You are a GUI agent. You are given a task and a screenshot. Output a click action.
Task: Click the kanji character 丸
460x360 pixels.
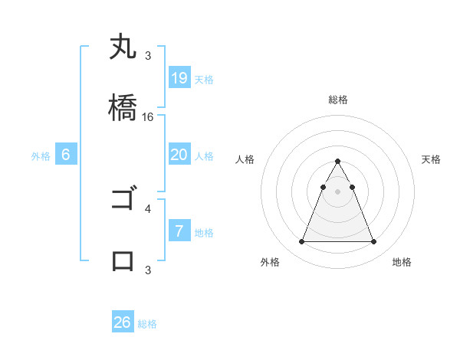point(123,47)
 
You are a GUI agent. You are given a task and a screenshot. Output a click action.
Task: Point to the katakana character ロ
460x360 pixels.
point(123,260)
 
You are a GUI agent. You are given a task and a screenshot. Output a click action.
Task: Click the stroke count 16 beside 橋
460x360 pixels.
point(148,117)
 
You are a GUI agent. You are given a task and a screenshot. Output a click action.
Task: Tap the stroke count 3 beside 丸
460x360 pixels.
point(148,56)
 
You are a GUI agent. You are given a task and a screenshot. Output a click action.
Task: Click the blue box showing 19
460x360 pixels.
point(179,78)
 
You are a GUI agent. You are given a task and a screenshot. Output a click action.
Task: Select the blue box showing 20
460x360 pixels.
point(179,155)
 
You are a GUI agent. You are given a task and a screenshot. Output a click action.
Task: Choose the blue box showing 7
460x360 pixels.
point(179,231)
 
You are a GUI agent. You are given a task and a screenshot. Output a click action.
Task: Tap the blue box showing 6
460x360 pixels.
point(66,155)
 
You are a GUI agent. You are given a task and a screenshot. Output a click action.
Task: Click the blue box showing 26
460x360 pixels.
point(123,322)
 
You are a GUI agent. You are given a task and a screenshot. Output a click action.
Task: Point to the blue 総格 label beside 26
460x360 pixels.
point(147,324)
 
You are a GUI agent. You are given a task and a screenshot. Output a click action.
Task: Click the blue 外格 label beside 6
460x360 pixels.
point(41,156)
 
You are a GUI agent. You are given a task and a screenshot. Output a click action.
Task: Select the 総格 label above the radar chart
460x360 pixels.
point(337,100)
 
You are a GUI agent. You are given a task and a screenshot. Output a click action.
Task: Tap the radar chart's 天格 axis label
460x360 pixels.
point(432,159)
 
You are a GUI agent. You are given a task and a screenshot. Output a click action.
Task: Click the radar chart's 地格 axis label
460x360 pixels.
point(402,263)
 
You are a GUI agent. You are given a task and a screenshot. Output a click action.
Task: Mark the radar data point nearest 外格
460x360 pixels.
point(301,242)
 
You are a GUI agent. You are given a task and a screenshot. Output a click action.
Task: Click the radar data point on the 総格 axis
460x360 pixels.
point(337,162)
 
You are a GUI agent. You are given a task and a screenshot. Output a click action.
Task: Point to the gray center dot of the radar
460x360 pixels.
point(337,191)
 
